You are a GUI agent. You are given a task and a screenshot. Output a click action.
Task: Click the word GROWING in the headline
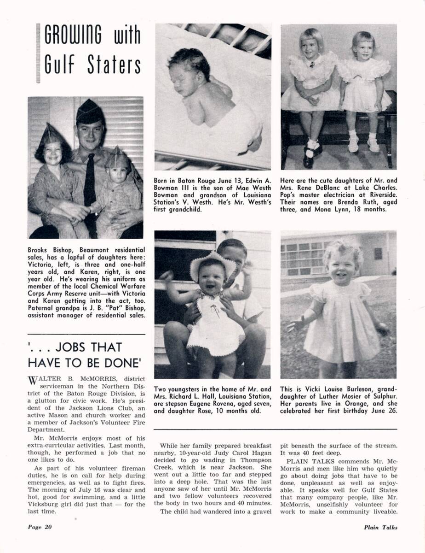[x=74, y=35]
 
